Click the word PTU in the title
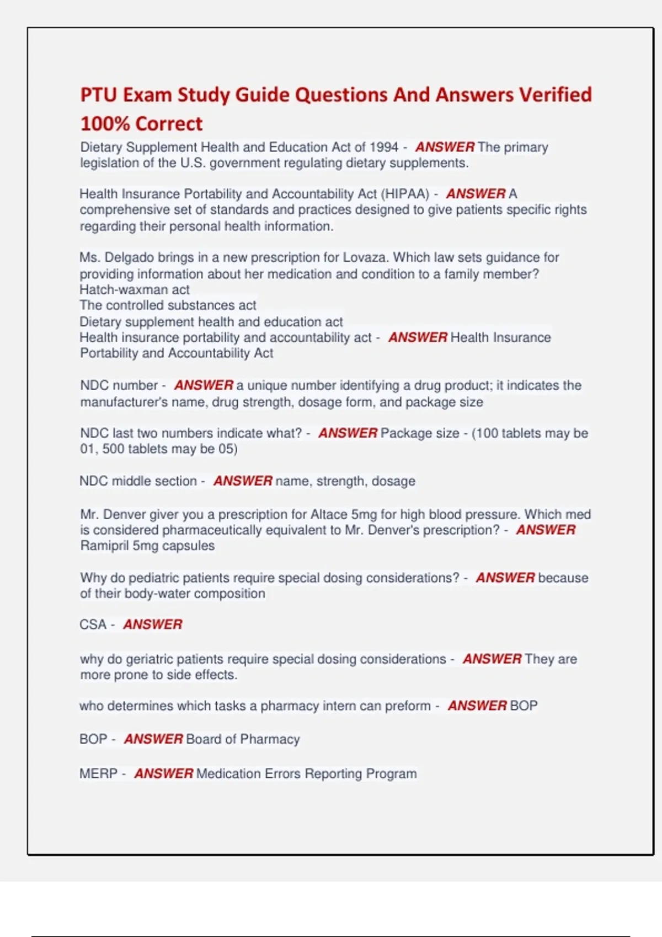tap(99, 95)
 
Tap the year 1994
tap(384, 147)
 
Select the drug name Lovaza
tap(364, 257)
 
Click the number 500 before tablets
tap(113, 449)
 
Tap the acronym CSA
tap(93, 624)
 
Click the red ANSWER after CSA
tap(153, 624)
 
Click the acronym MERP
tap(98, 774)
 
